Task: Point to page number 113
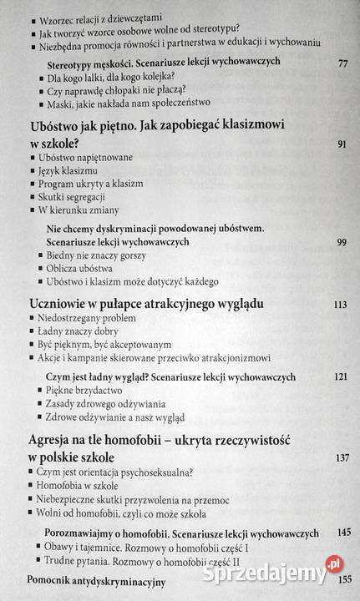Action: [x=339, y=306]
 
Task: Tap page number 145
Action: [x=340, y=532]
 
